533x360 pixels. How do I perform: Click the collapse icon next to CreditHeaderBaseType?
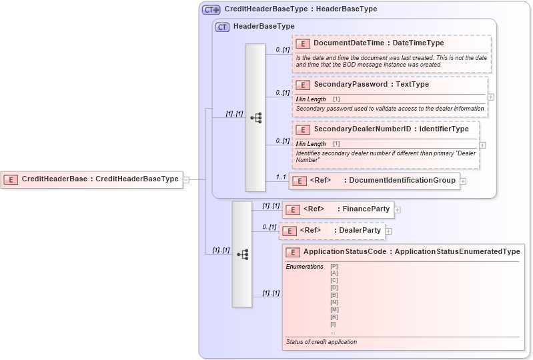click(186, 179)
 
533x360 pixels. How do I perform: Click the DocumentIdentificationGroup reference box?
click(374, 181)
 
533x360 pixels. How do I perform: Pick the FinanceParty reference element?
click(338, 209)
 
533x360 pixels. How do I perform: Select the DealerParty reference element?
click(332, 231)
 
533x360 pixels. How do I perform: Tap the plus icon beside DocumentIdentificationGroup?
click(463, 181)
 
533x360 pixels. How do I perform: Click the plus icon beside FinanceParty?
click(397, 209)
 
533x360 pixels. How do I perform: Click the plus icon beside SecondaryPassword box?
click(491, 97)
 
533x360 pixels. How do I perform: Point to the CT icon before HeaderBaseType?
click(222, 27)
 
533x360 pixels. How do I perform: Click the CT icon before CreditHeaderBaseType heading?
click(211, 9)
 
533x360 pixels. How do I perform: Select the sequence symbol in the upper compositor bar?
click(255, 118)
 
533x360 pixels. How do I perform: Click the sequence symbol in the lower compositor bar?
click(242, 254)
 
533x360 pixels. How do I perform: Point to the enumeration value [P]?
click(334, 267)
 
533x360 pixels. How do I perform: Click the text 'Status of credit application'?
click(321, 342)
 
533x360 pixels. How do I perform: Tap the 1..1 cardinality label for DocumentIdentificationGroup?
click(281, 177)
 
